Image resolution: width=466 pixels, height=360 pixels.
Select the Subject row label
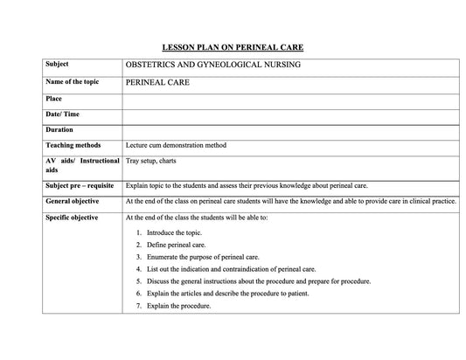tap(57, 65)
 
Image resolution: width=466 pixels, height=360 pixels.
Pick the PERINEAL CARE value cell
tap(157, 83)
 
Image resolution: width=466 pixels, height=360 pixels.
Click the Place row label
tap(53, 99)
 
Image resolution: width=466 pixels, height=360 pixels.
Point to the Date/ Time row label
tap(61, 114)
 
